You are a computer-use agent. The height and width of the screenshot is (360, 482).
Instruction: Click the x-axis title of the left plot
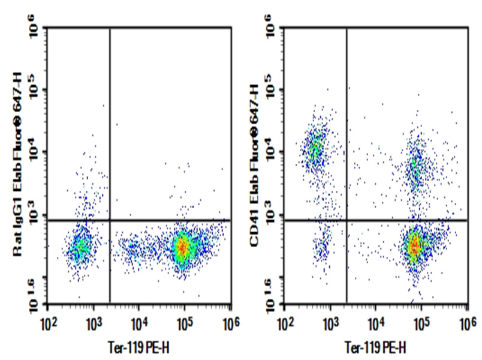pos(139,347)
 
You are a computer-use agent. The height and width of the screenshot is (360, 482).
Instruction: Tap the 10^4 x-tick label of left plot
pos(138,325)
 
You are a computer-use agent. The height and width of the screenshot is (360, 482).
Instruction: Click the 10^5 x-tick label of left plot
pos(184,325)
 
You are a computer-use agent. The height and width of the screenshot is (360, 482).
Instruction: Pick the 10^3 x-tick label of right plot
pos(329,325)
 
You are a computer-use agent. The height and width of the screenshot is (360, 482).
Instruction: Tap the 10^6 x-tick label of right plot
pos(466,325)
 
